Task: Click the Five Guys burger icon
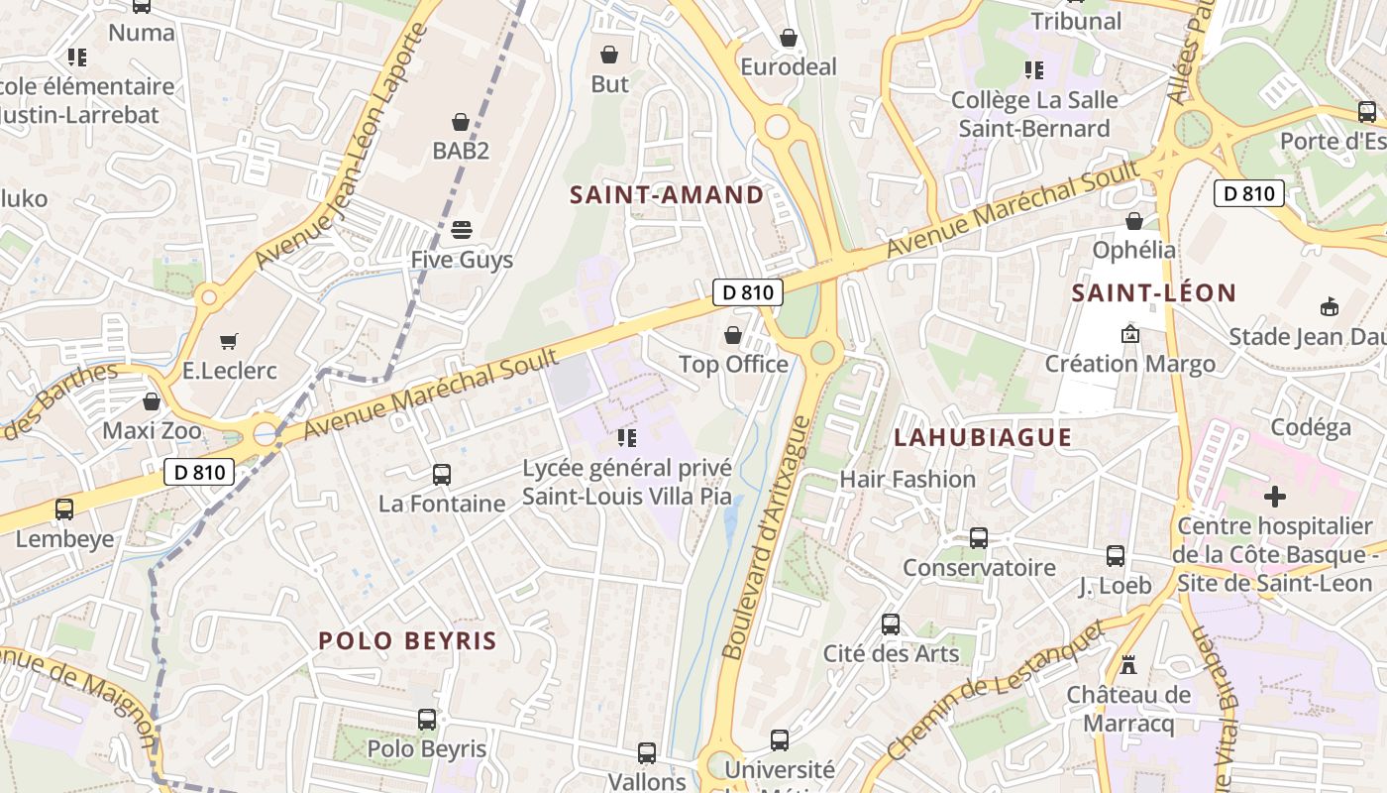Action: tap(461, 230)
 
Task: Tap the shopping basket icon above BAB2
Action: tap(460, 122)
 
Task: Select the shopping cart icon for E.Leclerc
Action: tap(229, 341)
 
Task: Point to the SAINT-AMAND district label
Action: tap(667, 194)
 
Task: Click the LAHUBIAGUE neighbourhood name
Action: tap(983, 437)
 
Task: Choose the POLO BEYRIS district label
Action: tap(407, 640)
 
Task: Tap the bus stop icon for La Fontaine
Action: tap(442, 475)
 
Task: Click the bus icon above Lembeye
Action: tap(64, 510)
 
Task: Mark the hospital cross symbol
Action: tap(1275, 496)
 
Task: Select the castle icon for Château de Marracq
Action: tap(1128, 664)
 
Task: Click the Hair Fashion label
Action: tap(907, 479)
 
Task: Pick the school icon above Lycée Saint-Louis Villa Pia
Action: tap(626, 437)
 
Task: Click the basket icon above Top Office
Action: tap(733, 335)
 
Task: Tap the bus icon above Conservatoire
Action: tap(979, 538)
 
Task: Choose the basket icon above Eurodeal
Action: tap(789, 38)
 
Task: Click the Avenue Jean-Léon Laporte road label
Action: tap(342, 145)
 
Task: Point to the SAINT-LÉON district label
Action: tap(1154, 292)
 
